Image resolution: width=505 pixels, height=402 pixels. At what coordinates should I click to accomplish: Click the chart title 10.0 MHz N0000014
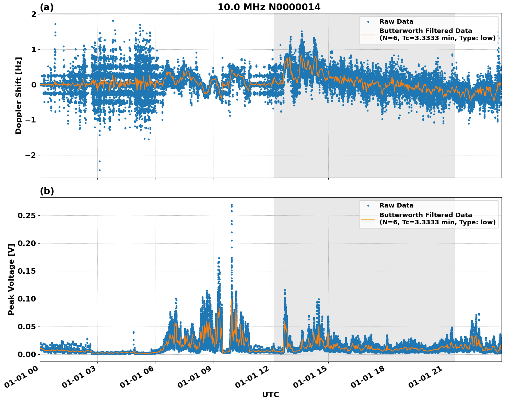(269, 7)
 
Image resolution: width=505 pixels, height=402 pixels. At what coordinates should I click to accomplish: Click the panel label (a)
(47, 7)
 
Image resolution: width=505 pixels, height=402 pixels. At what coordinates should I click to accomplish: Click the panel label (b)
(47, 191)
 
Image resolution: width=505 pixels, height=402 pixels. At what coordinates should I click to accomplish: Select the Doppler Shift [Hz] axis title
(19, 95)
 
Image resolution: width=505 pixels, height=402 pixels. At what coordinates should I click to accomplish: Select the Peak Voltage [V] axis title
(11, 280)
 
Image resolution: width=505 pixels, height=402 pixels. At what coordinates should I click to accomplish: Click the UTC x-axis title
(270, 395)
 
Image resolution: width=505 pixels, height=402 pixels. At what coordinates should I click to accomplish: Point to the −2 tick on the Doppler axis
(31, 155)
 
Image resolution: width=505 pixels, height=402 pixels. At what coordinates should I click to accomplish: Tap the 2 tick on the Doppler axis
(34, 14)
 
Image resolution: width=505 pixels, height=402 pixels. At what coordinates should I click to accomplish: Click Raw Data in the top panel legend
(396, 22)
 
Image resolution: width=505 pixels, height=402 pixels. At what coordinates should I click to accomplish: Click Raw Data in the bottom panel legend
(396, 205)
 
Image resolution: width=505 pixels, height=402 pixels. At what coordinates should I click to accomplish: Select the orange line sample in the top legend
(368, 34)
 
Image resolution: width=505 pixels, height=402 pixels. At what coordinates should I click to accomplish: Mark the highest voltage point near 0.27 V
(232, 205)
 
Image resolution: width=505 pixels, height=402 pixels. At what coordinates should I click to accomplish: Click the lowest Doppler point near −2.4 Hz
(99, 170)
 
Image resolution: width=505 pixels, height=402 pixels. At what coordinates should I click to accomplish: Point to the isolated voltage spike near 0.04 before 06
(133, 332)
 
